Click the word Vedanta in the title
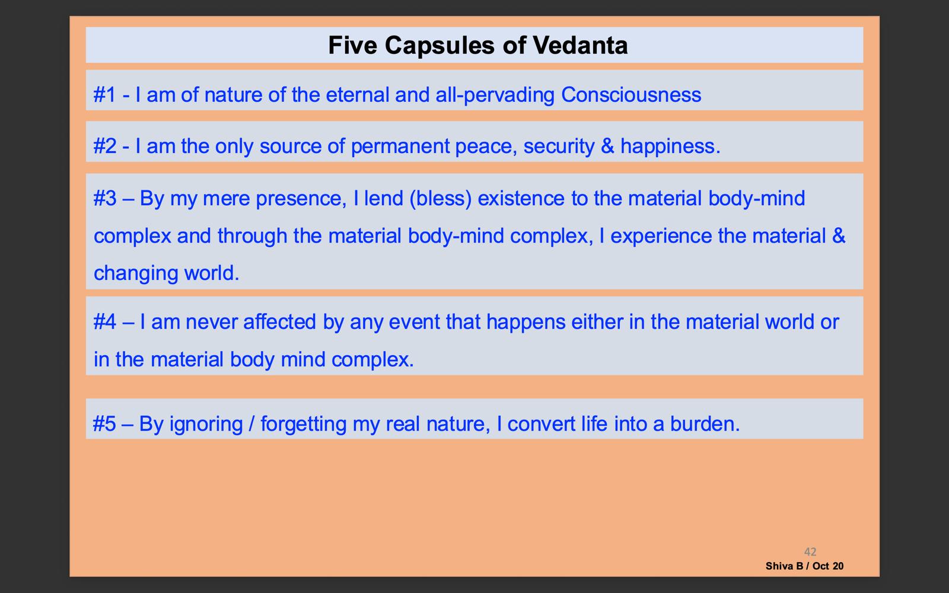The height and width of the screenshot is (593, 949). pyautogui.click(x=580, y=45)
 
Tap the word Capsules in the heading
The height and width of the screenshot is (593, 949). pyautogui.click(x=440, y=46)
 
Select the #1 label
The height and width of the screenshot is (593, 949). pyautogui.click(x=104, y=94)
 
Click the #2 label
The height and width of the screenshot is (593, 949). pyautogui.click(x=104, y=146)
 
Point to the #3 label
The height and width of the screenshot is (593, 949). pyautogui.click(x=104, y=198)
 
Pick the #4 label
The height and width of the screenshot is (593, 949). pyautogui.click(x=104, y=322)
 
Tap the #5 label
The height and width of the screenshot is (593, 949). pyautogui.click(x=104, y=423)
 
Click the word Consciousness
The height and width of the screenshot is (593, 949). pyautogui.click(x=631, y=94)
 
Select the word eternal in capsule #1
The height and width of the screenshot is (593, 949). pyautogui.click(x=357, y=94)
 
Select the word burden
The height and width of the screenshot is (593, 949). pyautogui.click(x=705, y=423)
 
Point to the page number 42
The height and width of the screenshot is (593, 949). pyautogui.click(x=810, y=552)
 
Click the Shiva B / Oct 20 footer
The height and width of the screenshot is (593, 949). pyautogui.click(x=804, y=566)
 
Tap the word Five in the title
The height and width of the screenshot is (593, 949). pyautogui.click(x=352, y=45)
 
